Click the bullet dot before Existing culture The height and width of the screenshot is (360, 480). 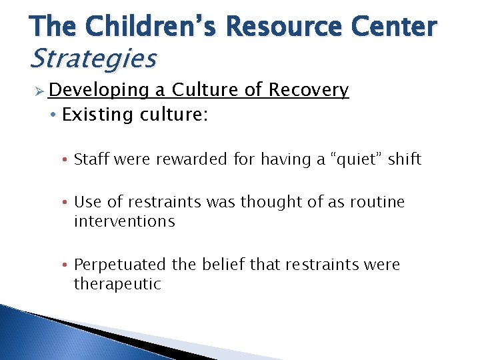53,115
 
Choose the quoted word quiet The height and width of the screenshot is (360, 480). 349,159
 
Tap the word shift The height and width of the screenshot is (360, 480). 404,159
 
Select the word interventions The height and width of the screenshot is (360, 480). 124,221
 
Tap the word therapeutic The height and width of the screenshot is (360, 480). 117,284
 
